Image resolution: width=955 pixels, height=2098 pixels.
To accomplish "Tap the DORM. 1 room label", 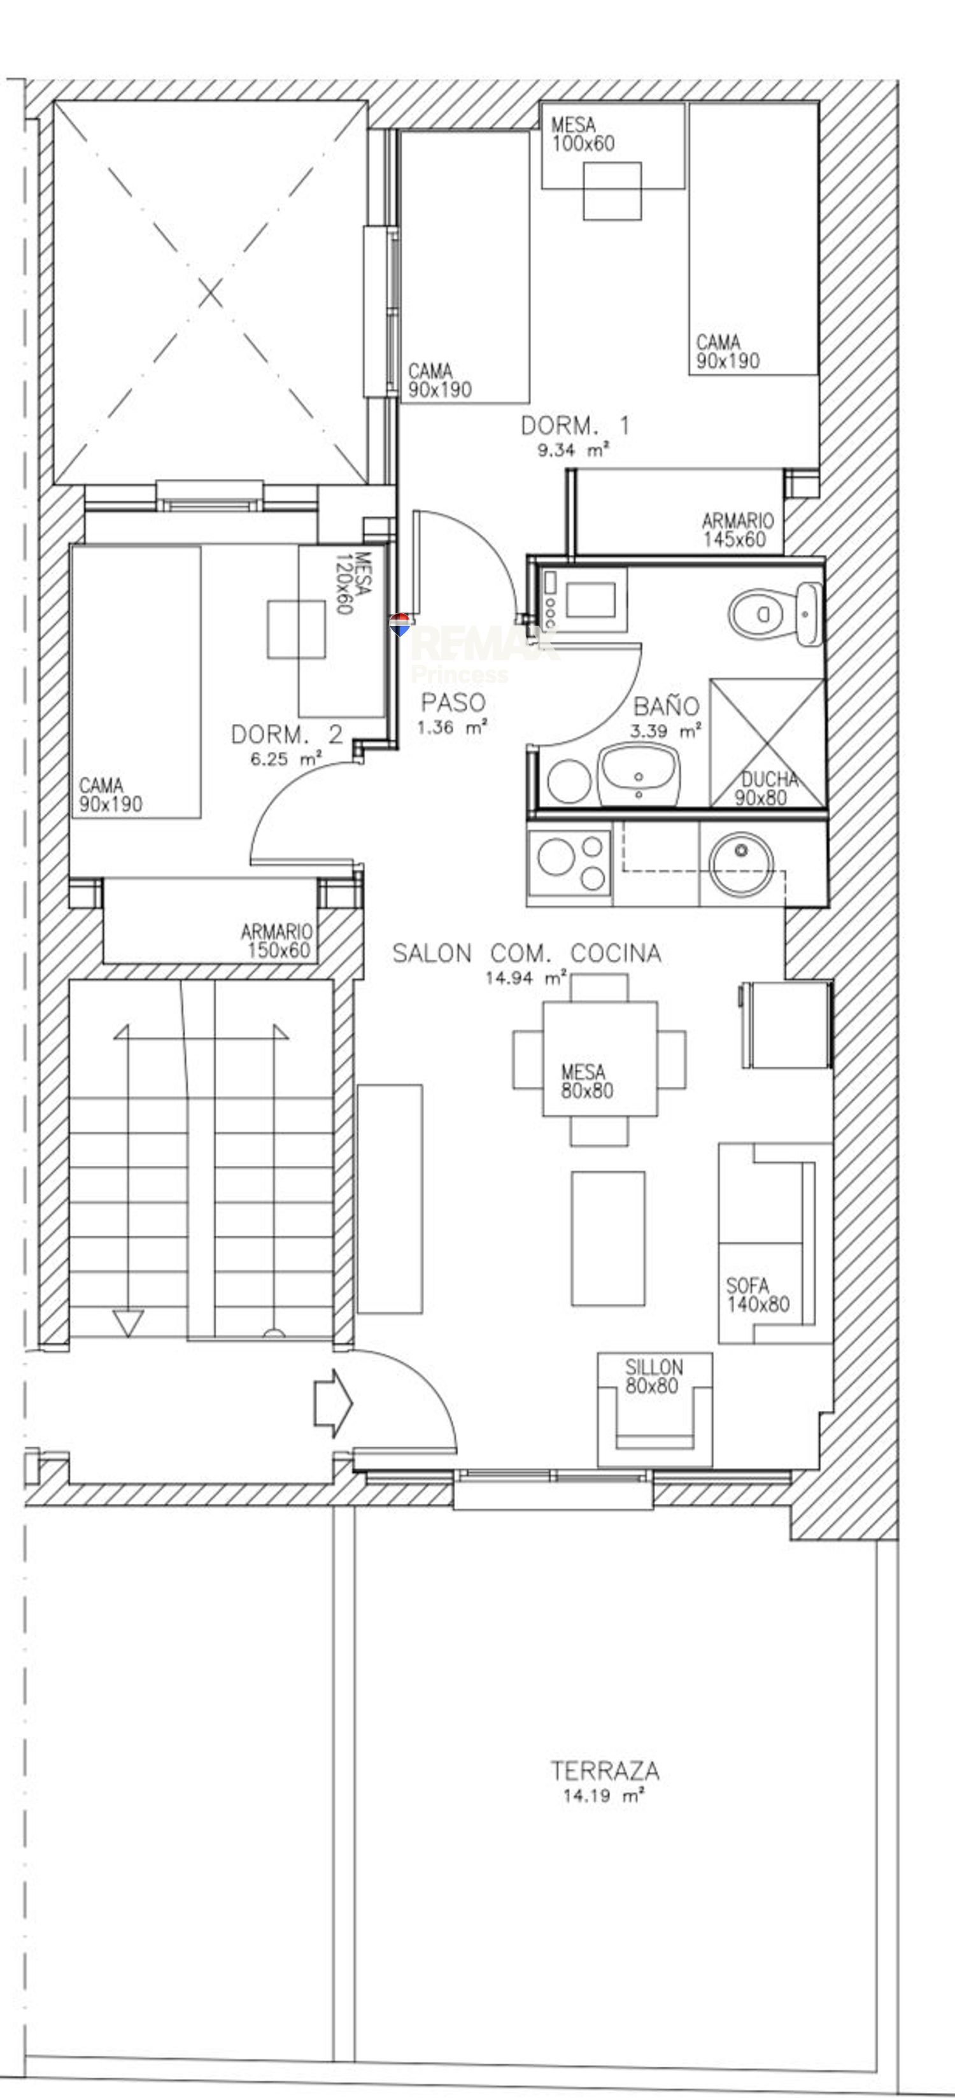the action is click(575, 425).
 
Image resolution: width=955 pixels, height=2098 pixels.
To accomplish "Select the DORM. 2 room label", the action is click(286, 735).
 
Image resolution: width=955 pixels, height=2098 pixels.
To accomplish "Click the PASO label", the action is click(453, 702).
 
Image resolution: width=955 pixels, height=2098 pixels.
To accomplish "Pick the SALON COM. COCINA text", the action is click(527, 953).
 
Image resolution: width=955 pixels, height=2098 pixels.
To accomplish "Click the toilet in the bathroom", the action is click(774, 613).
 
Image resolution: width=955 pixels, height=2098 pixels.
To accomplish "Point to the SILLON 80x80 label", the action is click(654, 1377).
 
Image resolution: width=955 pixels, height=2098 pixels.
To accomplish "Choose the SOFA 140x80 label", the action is click(757, 1295).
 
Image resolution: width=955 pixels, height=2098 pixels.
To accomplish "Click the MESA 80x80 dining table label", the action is click(587, 1082).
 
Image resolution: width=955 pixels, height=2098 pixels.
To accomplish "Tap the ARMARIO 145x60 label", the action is click(738, 529).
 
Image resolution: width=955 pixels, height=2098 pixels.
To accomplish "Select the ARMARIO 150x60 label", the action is click(277, 940).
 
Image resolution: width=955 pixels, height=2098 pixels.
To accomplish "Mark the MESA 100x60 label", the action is click(583, 134).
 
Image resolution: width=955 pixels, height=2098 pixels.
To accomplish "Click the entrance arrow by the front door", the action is click(333, 1403).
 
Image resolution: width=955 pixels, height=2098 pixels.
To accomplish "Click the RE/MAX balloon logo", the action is click(399, 625).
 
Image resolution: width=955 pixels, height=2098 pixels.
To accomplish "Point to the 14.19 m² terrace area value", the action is click(604, 1796).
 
